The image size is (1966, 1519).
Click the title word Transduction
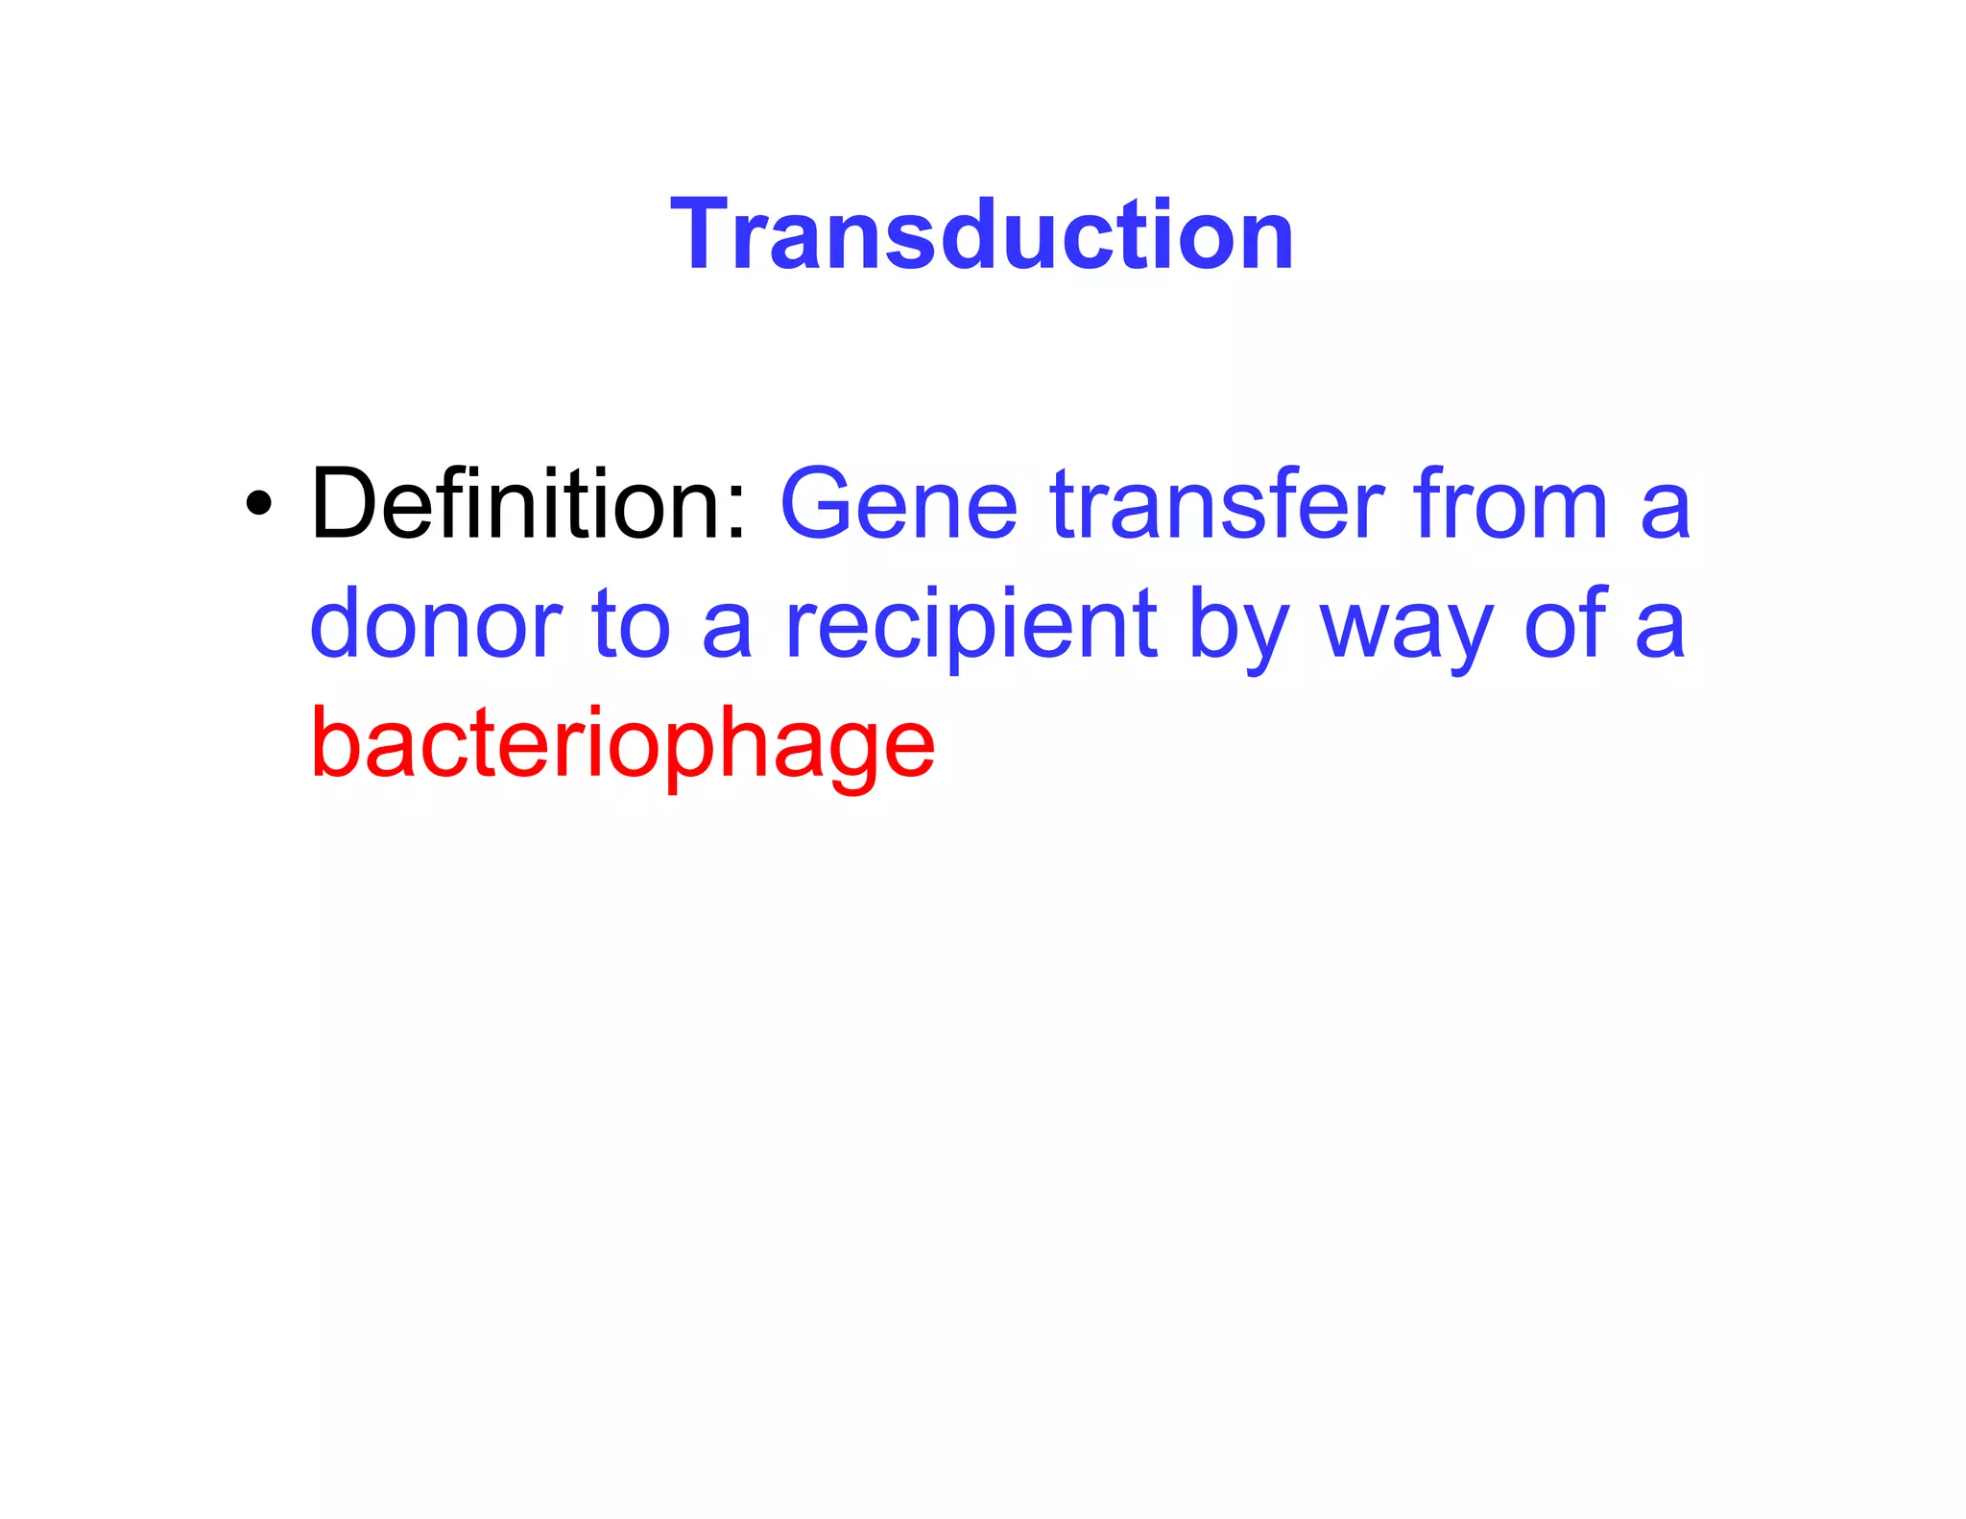pyautogui.click(x=982, y=234)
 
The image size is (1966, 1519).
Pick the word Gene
pyautogui.click(x=899, y=504)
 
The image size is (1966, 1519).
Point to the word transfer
pyautogui.click(x=1217, y=504)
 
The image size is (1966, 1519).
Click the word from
pyautogui.click(x=1509, y=504)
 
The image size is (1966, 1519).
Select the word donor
pyautogui.click(x=435, y=624)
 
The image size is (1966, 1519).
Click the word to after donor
pyautogui.click(x=631, y=624)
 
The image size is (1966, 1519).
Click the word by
pyautogui.click(x=1238, y=629)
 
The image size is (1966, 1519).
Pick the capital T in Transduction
pyautogui.click(x=707, y=234)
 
